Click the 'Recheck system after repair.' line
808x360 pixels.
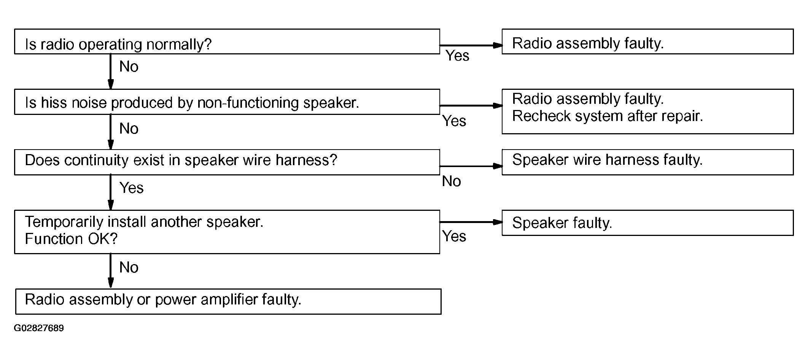pyautogui.click(x=608, y=116)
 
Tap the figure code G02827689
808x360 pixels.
pyautogui.click(x=39, y=328)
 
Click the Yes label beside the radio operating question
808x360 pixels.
pyautogui.click(x=458, y=56)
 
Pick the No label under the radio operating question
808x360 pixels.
pyautogui.click(x=129, y=67)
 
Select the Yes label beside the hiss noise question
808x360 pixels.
pyautogui.click(x=454, y=121)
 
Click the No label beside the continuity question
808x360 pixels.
pyautogui.click(x=452, y=181)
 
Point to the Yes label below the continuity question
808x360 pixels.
pyautogui.click(x=132, y=188)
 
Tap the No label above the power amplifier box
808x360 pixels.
pyautogui.click(x=129, y=268)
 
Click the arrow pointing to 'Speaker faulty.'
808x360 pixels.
pyautogui.click(x=471, y=222)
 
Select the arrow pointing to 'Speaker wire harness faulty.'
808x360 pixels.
pyautogui.click(x=471, y=166)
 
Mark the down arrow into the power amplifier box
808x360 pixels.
pyautogui.click(x=111, y=271)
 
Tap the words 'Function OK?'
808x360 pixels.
pyautogui.click(x=71, y=239)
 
